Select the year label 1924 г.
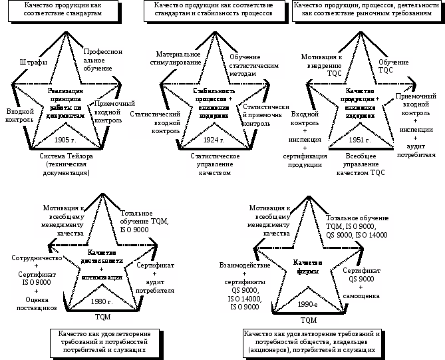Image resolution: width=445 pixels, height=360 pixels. pyautogui.click(x=214, y=141)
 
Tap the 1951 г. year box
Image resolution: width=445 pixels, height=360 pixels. pyautogui.click(x=361, y=141)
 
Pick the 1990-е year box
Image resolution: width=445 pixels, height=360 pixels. pyautogui.click(x=307, y=303)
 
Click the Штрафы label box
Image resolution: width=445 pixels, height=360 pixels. pyautogui.click(x=33, y=63)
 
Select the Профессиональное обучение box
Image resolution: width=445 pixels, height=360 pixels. pyautogui.click(x=103, y=61)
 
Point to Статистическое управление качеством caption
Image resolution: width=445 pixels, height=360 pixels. pyautogui.click(x=214, y=164)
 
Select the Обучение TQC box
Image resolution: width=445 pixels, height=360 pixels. pyautogui.click(x=394, y=66)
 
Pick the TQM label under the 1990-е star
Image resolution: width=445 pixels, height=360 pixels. pyautogui.click(x=309, y=320)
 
